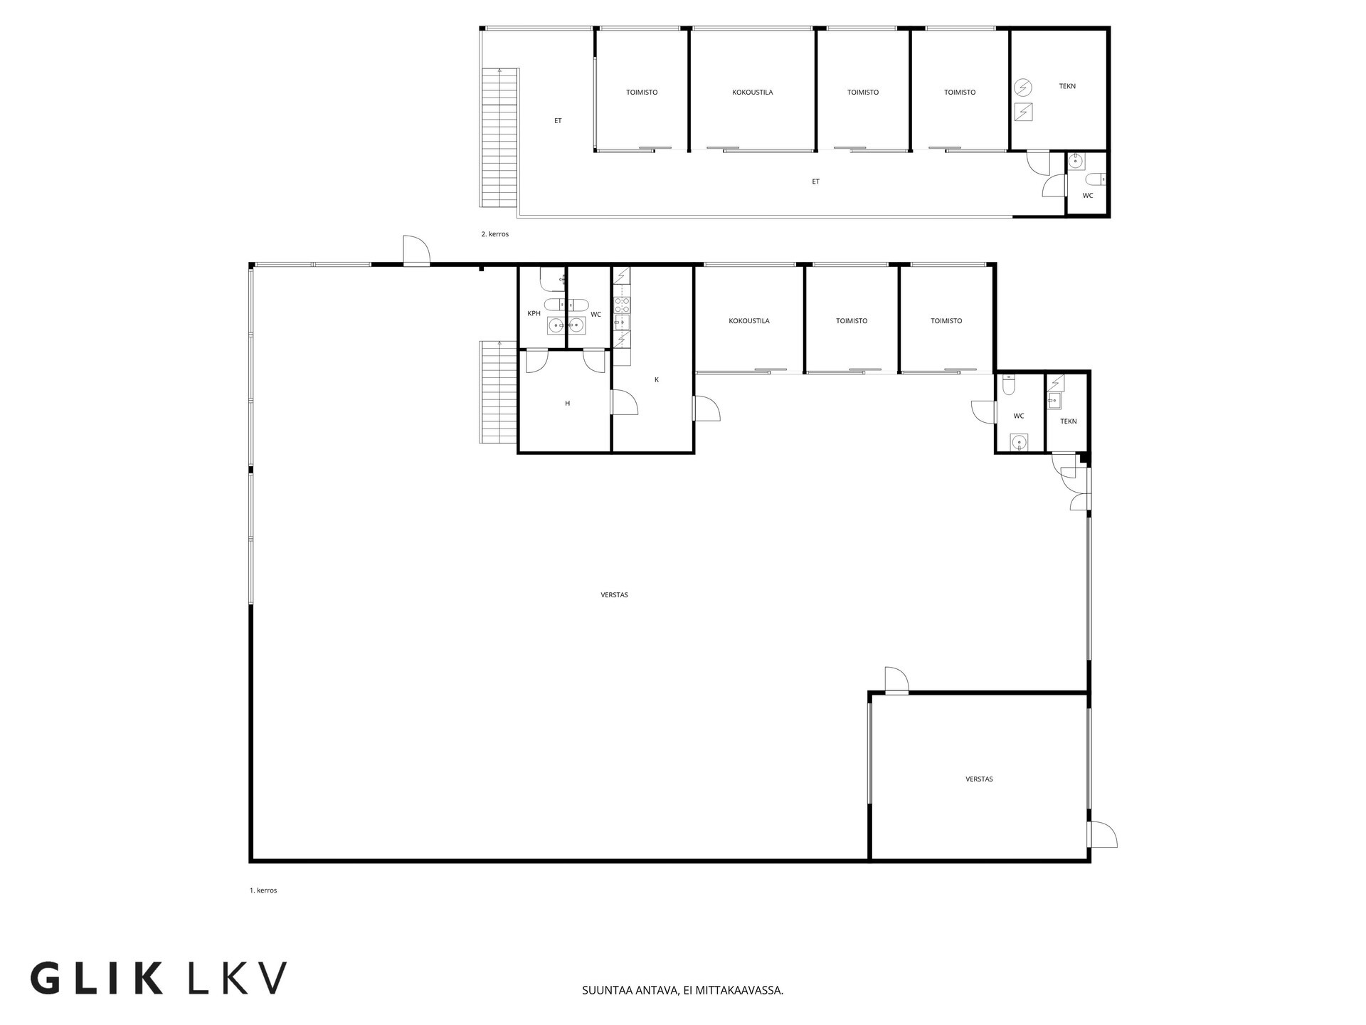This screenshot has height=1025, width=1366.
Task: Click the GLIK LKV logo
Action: (x=159, y=978)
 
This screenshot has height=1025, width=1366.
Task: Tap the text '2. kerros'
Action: (x=495, y=234)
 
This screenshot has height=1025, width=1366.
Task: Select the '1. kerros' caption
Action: (x=263, y=890)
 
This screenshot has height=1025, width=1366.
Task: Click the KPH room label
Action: (x=534, y=314)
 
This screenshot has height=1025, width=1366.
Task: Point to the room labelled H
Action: (x=567, y=404)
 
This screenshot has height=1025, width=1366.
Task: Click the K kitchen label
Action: (x=656, y=380)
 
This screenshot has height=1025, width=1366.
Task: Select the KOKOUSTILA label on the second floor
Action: (x=752, y=93)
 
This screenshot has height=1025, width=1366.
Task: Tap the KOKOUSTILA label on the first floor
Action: (x=748, y=321)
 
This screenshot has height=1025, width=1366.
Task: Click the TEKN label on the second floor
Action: (x=1067, y=86)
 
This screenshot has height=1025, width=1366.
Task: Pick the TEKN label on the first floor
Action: (x=1068, y=421)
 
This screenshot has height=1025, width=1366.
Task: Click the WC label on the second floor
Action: (x=1088, y=196)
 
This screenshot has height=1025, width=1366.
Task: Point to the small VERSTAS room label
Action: (x=979, y=779)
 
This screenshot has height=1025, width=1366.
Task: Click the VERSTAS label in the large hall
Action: (x=614, y=595)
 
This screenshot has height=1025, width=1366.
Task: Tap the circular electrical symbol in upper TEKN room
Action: (x=1023, y=88)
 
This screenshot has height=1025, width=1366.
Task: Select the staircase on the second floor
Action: (x=499, y=137)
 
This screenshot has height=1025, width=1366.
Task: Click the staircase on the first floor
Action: (x=498, y=392)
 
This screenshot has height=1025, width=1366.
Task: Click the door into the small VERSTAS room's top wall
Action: (x=897, y=680)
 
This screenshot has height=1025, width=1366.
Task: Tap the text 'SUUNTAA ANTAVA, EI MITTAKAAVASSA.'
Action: (x=682, y=990)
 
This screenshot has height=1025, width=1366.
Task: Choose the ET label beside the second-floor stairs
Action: (x=558, y=121)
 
